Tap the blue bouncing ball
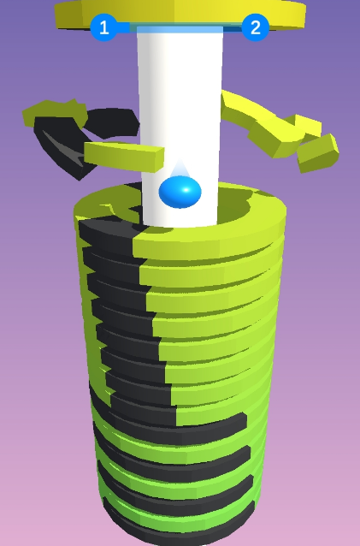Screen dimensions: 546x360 pyautogui.click(x=180, y=192)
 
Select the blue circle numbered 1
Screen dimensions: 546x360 pyautogui.click(x=103, y=27)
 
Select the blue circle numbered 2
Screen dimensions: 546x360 pyautogui.click(x=255, y=27)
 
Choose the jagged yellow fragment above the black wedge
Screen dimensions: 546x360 pyautogui.click(x=51, y=110)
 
